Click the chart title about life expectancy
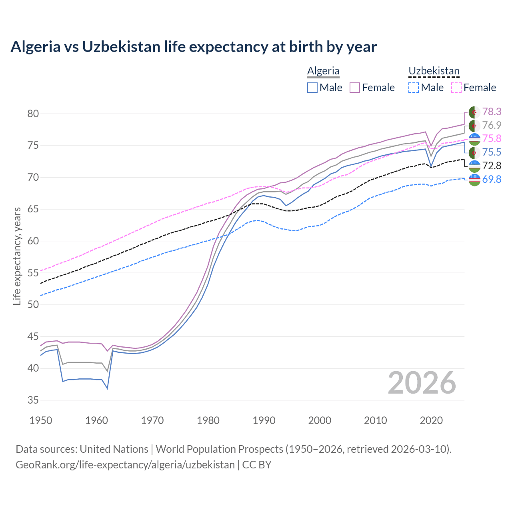pos(194,47)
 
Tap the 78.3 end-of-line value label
pos(492,112)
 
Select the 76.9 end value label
pos(492,125)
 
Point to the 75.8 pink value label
pos(492,138)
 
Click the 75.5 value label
pos(492,152)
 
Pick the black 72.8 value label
pos(492,166)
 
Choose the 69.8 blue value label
pos(492,179)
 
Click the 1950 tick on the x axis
pos(41,420)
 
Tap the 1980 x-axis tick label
pos(208,420)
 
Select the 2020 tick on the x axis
pos(431,420)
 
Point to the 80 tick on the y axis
pos(33,114)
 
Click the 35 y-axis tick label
pos(33,400)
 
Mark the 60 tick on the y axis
pos(33,241)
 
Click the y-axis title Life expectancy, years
pos(17,256)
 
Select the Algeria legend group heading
pos(323,71)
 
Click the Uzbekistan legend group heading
pos(434,71)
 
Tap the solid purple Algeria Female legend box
pos(355,88)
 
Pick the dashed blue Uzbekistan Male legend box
pos(414,88)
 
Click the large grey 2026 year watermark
pos(422,383)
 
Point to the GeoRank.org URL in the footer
pos(125,465)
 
